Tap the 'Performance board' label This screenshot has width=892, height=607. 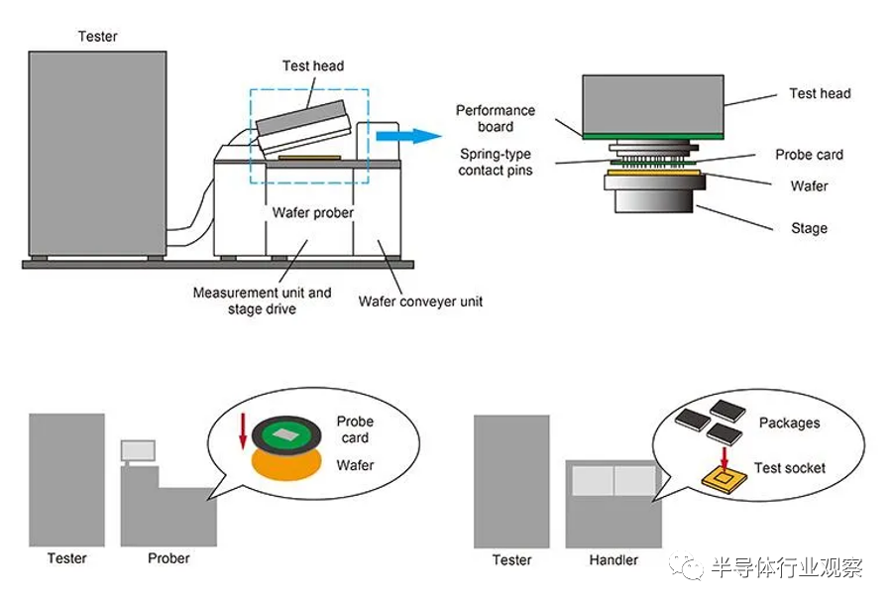point(496,118)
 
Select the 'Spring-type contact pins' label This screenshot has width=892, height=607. point(496,162)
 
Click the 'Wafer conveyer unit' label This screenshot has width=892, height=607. point(421,301)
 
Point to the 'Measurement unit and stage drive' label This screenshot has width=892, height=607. point(263,301)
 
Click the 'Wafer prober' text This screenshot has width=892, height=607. point(312,212)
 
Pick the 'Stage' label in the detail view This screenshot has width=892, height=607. point(809,228)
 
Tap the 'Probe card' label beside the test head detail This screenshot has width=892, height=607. point(809,155)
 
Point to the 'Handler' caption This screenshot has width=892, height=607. point(613,559)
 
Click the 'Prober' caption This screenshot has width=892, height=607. point(168,558)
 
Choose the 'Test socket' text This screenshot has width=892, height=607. point(790,468)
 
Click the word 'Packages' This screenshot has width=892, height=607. point(789,424)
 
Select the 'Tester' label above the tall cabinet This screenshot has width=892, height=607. point(97,37)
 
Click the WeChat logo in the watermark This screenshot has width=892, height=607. point(687,568)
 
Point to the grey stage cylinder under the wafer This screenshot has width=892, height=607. point(655,195)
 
